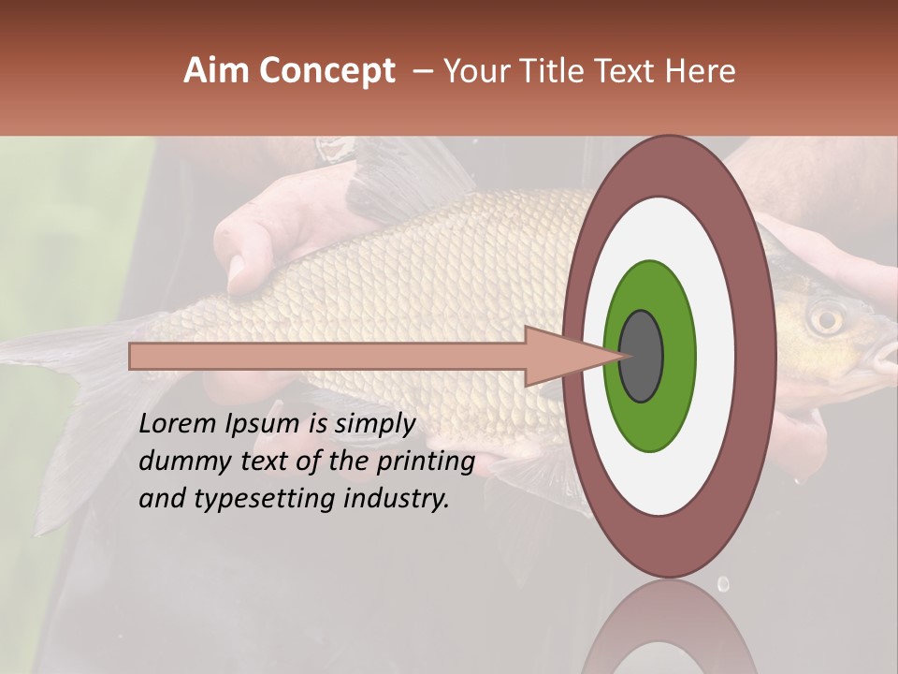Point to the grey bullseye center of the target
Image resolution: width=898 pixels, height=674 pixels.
coord(641,356)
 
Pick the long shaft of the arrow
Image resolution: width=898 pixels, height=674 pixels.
coord(327,357)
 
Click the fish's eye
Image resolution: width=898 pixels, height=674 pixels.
coord(825,320)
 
